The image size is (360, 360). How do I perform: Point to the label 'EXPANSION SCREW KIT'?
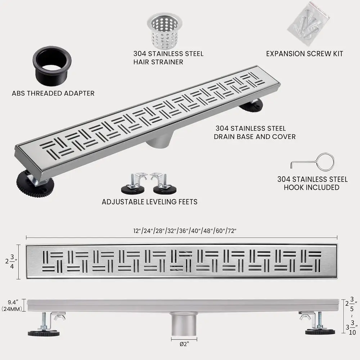click(305, 54)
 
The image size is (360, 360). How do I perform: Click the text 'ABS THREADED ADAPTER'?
click(53, 93)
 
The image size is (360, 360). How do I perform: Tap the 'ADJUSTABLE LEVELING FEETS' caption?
click(150, 202)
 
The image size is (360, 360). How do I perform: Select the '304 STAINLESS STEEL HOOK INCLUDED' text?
click(312, 183)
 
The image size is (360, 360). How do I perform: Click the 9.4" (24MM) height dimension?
click(13, 305)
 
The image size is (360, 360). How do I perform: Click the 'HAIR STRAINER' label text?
click(158, 62)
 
